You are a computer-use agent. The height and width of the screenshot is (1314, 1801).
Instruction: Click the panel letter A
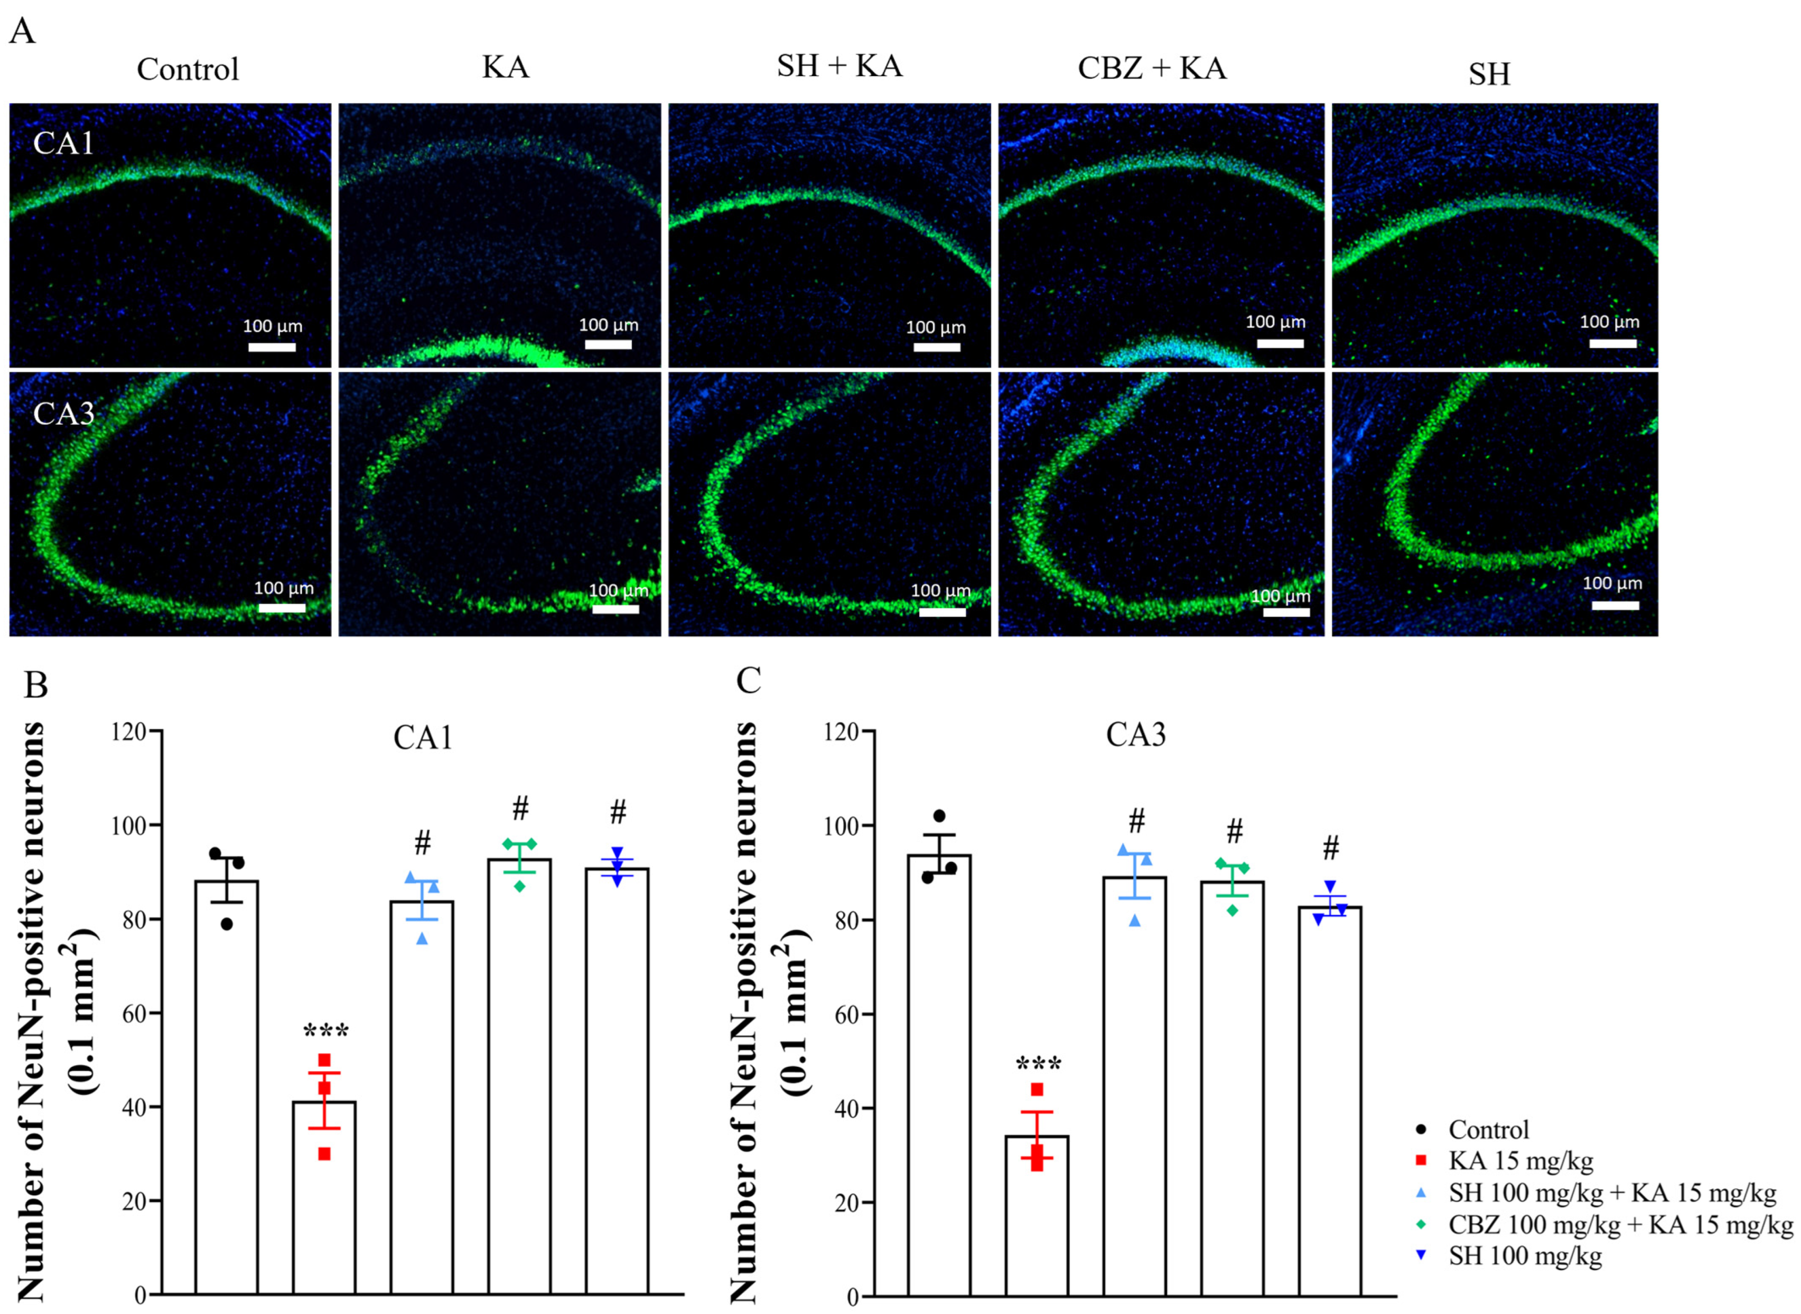click(x=22, y=32)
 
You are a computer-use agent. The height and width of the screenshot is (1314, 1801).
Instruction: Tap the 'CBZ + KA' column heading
click(x=1151, y=69)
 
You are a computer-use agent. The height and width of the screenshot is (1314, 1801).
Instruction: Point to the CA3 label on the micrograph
click(x=63, y=414)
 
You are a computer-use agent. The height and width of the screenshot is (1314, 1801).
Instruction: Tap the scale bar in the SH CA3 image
click(x=1615, y=605)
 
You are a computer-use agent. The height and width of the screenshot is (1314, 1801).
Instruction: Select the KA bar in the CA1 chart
click(x=324, y=1193)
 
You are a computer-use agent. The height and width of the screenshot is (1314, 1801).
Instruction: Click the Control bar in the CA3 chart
click(x=939, y=1074)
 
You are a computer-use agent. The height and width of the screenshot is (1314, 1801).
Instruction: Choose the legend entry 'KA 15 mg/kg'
click(x=1519, y=1161)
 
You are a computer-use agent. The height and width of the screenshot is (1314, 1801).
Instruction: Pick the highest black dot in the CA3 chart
click(x=939, y=816)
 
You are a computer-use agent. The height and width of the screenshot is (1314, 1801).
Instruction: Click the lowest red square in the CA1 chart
click(x=324, y=1154)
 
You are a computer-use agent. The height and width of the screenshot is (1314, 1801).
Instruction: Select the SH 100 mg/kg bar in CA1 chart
click(x=617, y=1074)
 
